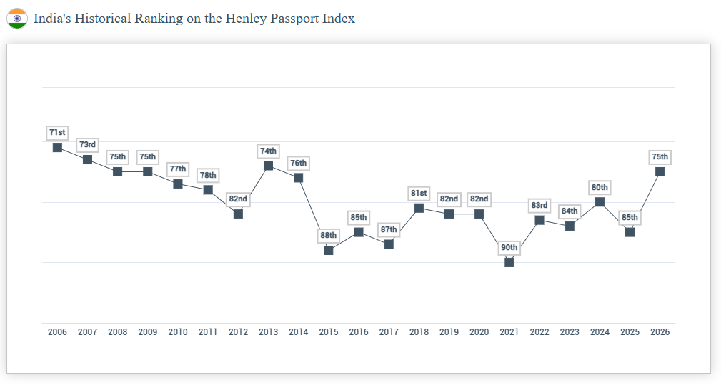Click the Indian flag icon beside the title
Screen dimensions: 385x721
(x=17, y=19)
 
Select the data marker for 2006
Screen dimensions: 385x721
(x=57, y=147)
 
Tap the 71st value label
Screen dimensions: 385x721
(x=57, y=133)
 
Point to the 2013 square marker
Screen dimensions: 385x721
(x=268, y=166)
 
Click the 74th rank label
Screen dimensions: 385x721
(x=268, y=151)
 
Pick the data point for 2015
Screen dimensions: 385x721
(x=329, y=250)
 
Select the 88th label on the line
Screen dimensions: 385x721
(x=329, y=236)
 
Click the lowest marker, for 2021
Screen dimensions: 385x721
(x=509, y=262)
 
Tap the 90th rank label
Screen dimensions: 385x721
(x=509, y=248)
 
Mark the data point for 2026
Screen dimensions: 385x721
(x=660, y=171)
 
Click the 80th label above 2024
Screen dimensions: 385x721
(x=600, y=188)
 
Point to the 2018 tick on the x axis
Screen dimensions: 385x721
(x=419, y=332)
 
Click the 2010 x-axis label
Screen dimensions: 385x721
(x=178, y=332)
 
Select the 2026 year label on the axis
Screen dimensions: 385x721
(x=660, y=332)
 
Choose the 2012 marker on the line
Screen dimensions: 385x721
(x=238, y=214)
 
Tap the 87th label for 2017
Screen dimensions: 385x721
(x=389, y=230)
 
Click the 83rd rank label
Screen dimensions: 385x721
(x=539, y=206)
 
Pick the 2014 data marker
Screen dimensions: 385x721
(x=298, y=177)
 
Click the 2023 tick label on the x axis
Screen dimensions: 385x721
(x=570, y=332)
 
